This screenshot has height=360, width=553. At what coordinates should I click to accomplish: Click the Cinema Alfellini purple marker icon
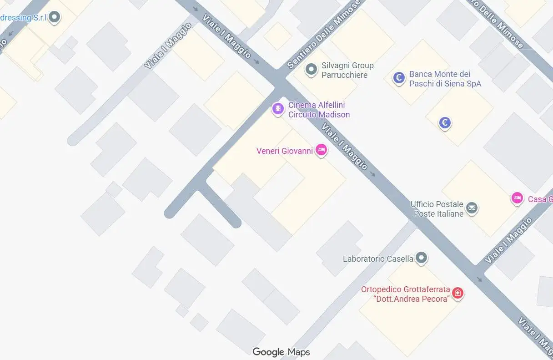(277, 109)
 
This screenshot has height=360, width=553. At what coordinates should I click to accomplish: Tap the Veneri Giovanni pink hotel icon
(322, 149)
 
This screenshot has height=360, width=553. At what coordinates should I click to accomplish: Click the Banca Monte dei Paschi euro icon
(399, 78)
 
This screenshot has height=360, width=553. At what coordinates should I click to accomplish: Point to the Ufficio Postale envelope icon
(472, 208)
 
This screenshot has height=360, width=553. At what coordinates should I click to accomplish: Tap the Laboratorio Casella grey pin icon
(422, 258)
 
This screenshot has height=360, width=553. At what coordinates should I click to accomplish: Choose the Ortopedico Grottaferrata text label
(405, 294)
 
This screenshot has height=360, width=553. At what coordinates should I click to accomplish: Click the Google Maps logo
(281, 352)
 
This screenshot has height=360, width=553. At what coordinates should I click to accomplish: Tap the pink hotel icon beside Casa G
(517, 198)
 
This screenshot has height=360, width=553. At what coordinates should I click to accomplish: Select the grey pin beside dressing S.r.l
(55, 17)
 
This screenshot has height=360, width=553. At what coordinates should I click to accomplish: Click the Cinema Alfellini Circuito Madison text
(319, 110)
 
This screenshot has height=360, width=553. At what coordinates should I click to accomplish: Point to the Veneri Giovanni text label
(285, 151)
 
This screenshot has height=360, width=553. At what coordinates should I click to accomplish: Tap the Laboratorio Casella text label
(378, 259)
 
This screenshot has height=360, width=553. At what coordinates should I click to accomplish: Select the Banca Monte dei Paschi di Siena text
(445, 79)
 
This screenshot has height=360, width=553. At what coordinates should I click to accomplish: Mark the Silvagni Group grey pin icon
(311, 69)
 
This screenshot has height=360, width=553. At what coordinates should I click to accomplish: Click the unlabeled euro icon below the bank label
(445, 122)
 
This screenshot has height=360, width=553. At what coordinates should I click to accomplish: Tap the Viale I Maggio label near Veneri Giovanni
(345, 146)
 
